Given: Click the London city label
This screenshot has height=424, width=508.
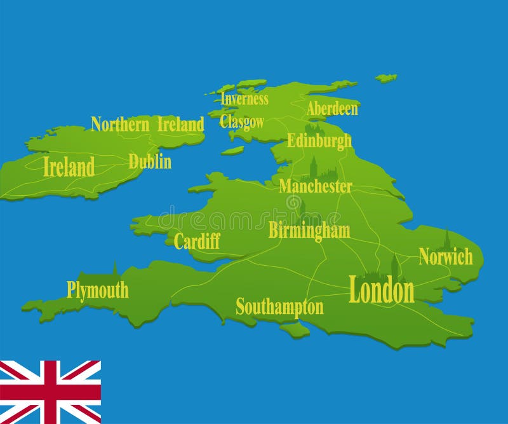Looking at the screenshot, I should (381, 291).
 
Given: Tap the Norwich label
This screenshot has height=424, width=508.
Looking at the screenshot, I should (446, 257).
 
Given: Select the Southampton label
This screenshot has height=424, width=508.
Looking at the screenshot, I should (279, 307).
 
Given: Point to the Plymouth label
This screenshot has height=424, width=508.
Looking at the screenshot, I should (98, 291).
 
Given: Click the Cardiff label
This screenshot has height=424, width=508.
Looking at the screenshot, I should (197, 241).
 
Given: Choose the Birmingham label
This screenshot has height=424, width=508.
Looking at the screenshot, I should (309, 230).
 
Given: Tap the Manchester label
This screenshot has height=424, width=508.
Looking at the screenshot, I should (315, 186).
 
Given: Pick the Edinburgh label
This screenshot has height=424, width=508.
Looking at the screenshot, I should (319, 140).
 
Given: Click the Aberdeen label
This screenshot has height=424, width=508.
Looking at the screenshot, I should (332, 109).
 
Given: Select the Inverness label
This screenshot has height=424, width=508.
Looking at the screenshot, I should (244, 99).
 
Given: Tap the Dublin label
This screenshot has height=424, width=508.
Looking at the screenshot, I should (150, 161).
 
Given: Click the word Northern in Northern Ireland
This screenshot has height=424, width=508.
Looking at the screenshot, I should (120, 124).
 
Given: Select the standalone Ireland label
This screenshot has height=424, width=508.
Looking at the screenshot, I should (69, 168).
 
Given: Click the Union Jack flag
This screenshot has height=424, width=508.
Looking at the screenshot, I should (50, 392).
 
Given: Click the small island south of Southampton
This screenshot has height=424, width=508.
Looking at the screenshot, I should (295, 330).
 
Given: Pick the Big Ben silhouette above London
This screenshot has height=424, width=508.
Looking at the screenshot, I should (394, 266).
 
